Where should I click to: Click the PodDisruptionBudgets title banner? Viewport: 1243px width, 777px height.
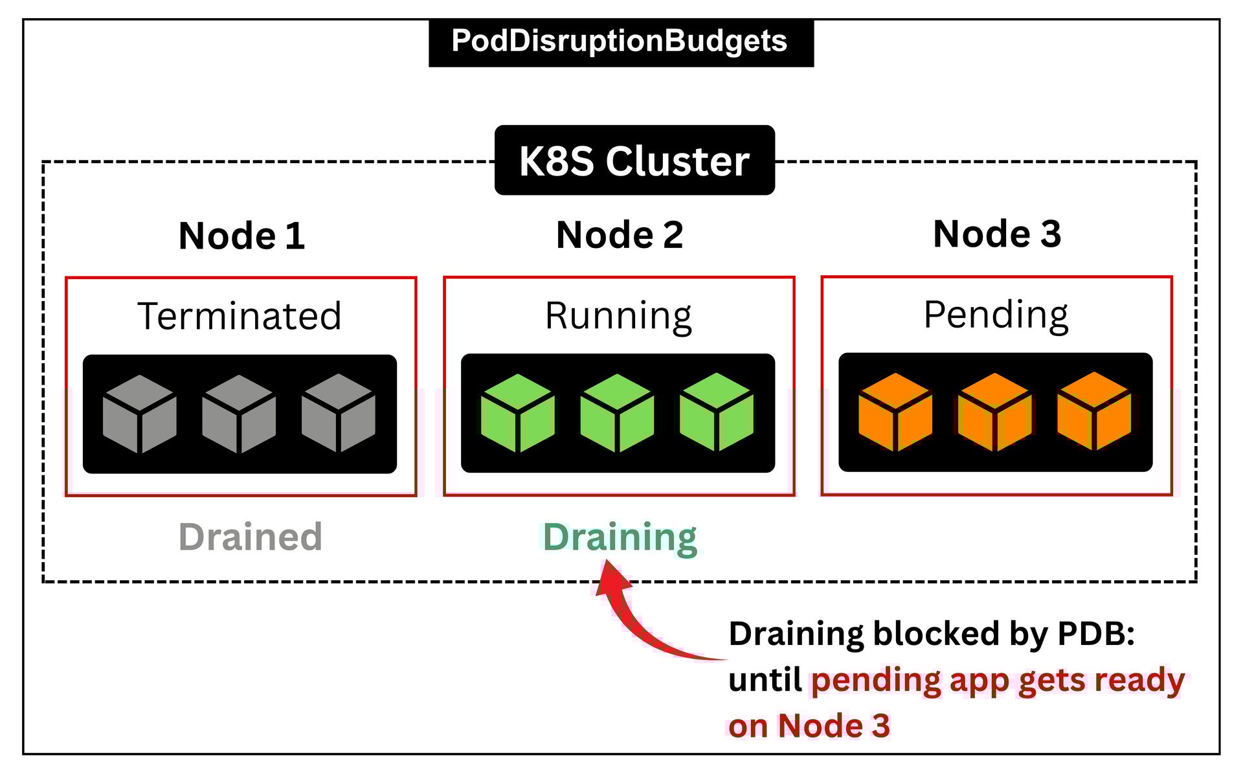click(620, 41)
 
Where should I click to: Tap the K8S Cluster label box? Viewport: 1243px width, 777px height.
click(634, 161)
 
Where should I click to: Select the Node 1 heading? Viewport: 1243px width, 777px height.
click(241, 235)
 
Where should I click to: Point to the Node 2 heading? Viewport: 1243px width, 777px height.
click(620, 234)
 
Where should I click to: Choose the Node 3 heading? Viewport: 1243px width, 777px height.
click(997, 234)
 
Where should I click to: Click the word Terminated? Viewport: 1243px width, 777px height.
click(240, 316)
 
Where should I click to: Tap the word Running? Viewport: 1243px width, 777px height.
click(618, 316)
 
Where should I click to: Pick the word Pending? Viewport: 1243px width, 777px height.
click(996, 315)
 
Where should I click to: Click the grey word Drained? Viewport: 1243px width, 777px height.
click(251, 537)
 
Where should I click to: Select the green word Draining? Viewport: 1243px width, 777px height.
click(620, 537)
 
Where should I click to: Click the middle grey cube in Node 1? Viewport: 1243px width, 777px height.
click(239, 414)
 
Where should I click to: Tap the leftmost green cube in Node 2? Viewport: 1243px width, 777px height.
click(518, 413)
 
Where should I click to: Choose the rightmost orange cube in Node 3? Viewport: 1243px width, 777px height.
click(1094, 412)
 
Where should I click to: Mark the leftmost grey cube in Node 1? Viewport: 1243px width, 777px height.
click(140, 414)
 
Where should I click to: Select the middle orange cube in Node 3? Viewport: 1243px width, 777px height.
click(994, 412)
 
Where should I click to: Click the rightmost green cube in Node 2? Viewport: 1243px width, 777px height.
click(717, 412)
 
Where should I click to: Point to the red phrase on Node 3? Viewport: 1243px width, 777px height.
click(809, 726)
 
